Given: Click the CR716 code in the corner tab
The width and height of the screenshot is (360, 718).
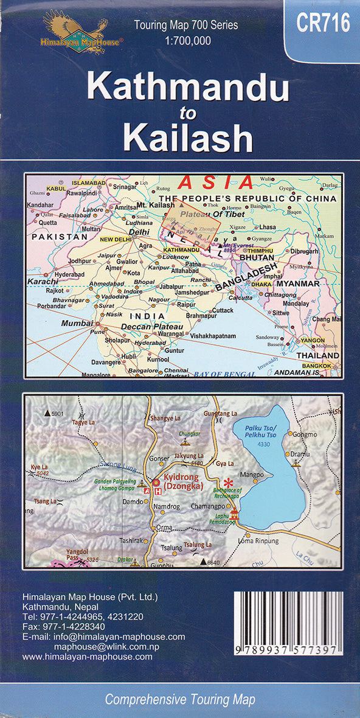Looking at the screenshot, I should point(323,24).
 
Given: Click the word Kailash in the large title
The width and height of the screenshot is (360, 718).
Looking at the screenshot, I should point(188,139).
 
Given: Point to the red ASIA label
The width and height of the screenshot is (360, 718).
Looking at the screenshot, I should point(215,182).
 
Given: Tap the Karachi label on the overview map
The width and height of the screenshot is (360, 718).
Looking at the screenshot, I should point(42,282).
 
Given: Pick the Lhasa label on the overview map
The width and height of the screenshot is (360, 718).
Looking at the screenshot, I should point(267,227).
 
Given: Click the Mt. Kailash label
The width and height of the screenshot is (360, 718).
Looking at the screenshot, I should point(156,206).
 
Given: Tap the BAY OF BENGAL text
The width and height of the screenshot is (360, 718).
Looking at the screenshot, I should point(226,374).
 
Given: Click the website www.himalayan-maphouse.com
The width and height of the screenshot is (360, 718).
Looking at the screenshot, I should point(87,657).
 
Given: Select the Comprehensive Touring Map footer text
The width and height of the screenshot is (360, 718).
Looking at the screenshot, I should point(179,700).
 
